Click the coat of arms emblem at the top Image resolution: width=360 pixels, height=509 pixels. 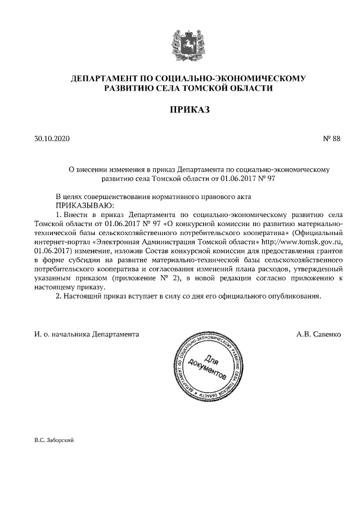pos(180,42)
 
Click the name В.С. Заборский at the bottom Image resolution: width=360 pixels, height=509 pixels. pos(54,440)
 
